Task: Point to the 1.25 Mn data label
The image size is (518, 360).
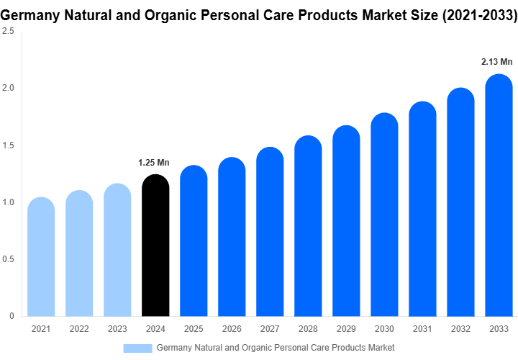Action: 154,162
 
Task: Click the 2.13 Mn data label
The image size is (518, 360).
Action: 496,62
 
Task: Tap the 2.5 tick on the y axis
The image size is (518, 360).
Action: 8,32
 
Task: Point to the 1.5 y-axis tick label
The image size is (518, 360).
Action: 8,145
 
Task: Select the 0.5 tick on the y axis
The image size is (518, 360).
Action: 8,259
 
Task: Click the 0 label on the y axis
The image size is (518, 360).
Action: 12,316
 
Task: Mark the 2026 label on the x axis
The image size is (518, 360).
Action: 232,329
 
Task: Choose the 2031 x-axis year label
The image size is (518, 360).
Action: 422,329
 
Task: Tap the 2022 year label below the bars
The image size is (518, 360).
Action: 79,329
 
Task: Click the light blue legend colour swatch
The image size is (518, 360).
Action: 137,348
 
